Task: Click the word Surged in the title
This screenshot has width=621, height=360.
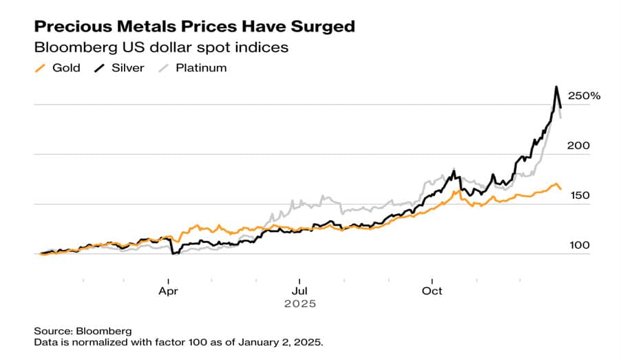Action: pyautogui.click(x=319, y=27)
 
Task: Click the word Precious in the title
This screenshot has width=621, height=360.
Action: pyautogui.click(x=68, y=27)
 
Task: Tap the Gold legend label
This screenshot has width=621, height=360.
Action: pyautogui.click(x=66, y=67)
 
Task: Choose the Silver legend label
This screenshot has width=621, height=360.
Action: pyautogui.click(x=127, y=67)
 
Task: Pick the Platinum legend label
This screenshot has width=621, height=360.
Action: pyautogui.click(x=201, y=67)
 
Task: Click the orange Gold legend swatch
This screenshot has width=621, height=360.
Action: pyautogui.click(x=40, y=67)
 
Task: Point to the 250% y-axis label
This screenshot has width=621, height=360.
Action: pyautogui.click(x=585, y=96)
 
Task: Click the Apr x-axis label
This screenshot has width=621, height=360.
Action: pyautogui.click(x=169, y=290)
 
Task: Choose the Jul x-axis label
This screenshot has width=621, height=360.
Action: pyautogui.click(x=299, y=290)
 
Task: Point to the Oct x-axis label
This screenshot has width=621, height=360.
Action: pyautogui.click(x=432, y=290)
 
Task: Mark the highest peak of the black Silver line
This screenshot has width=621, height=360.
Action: pyautogui.click(x=556, y=87)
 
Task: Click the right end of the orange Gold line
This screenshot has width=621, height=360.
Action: pyautogui.click(x=560, y=189)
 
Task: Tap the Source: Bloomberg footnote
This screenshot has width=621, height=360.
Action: pyautogui.click(x=83, y=330)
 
